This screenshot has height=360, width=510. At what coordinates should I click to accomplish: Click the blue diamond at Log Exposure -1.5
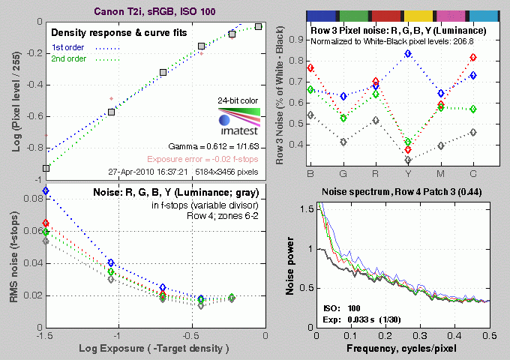click(x=46, y=191)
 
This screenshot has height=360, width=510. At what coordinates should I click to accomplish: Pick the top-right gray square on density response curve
click(x=258, y=27)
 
